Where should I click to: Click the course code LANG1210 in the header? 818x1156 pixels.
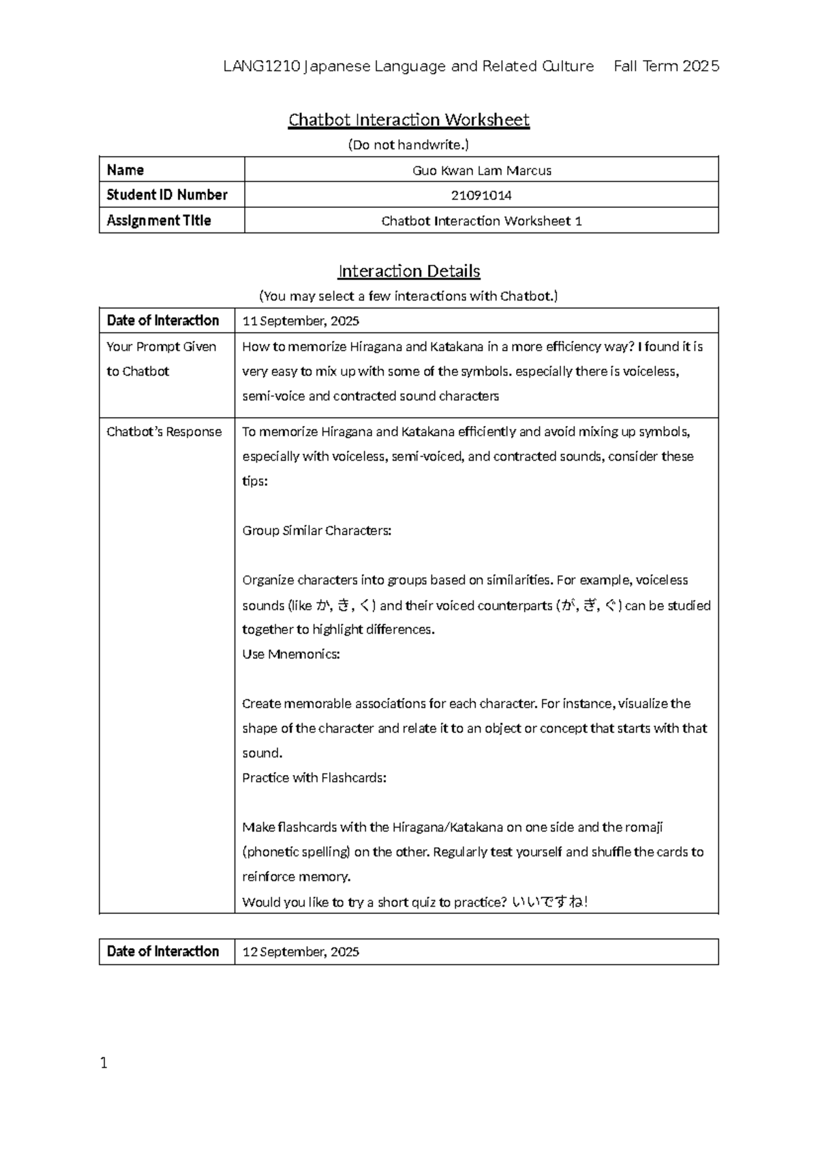[x=262, y=66]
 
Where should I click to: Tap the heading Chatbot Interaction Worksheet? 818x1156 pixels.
[x=409, y=120]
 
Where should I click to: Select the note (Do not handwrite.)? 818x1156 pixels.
[x=408, y=144]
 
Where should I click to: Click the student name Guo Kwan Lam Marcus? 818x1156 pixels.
[x=481, y=170]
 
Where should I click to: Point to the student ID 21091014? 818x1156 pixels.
[x=481, y=196]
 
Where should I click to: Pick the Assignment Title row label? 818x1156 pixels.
[x=159, y=221]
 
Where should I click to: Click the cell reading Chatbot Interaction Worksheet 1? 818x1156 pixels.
[x=481, y=221]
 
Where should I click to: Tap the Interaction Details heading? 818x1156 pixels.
[x=409, y=271]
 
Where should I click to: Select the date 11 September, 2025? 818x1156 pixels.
[x=301, y=321]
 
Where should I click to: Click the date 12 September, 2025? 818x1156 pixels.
[x=301, y=952]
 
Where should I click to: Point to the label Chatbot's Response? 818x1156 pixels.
[x=164, y=432]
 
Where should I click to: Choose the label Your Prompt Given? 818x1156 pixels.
[x=162, y=347]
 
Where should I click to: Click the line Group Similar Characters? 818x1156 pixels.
[x=317, y=531]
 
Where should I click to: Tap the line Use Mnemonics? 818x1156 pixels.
[x=291, y=654]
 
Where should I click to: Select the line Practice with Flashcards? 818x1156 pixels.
[x=314, y=778]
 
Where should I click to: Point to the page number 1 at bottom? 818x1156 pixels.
[x=104, y=1063]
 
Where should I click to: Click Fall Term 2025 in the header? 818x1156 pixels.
[x=666, y=66]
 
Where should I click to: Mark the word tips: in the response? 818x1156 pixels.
[x=255, y=481]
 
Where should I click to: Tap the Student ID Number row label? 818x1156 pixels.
[x=167, y=196]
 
